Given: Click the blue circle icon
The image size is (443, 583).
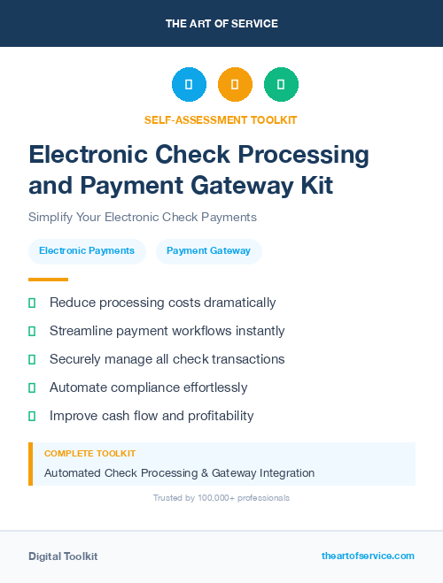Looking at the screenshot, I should (189, 85).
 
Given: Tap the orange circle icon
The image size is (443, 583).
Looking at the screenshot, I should (235, 85).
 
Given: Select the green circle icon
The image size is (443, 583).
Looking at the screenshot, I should (281, 85).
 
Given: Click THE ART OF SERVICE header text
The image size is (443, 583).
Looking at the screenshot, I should (221, 24).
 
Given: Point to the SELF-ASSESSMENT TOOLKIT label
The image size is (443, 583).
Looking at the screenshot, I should (221, 119).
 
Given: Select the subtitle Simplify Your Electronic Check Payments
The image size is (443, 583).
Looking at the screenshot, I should (142, 217).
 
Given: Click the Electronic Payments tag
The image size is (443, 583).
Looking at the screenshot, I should (87, 251).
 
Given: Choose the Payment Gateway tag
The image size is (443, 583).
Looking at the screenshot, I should (208, 251).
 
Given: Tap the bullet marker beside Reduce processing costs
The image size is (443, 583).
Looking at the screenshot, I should (32, 303).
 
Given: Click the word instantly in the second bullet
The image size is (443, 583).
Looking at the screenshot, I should (255, 331).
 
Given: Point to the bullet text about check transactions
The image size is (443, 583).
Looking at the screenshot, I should (167, 359).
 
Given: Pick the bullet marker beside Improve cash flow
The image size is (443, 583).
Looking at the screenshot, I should (32, 416).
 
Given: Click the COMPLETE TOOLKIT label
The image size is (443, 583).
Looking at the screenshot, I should (89, 453).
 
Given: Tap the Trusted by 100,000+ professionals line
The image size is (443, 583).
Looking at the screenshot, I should (221, 498).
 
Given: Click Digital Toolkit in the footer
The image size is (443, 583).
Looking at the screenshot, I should (63, 556).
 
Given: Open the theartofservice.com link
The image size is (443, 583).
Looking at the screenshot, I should (368, 556).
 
